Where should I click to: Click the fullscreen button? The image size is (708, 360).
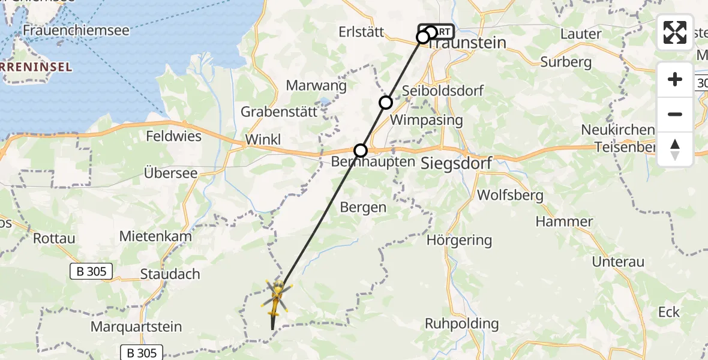point(675,32)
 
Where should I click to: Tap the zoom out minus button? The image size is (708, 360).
point(675,114)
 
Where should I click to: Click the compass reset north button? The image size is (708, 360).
point(675,149)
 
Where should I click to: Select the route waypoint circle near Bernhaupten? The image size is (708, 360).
point(361,150)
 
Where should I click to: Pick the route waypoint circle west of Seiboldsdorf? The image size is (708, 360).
point(386,103)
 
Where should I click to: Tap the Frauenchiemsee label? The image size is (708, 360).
point(76,30)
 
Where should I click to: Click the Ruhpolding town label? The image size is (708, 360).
point(462,324)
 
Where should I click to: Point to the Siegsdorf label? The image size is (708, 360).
point(457,162)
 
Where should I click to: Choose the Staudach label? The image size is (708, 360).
point(170,274)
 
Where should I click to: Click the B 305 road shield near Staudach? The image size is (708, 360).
point(91,271)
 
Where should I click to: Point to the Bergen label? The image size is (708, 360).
point(363,208)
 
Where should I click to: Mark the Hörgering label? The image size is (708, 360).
point(459,241)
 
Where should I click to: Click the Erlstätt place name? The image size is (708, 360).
point(361,32)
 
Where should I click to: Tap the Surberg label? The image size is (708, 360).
point(566,62)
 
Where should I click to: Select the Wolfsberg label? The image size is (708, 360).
point(510,195)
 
